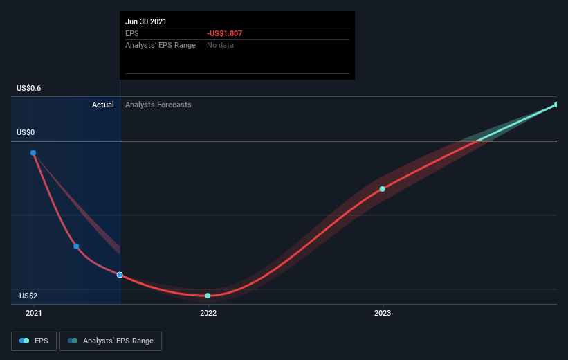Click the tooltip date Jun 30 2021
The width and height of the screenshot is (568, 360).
(x=145, y=21)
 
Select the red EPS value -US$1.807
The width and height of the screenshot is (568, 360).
(x=224, y=33)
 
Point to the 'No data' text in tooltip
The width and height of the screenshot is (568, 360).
(x=220, y=45)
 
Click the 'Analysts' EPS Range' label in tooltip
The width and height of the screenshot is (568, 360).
(x=161, y=45)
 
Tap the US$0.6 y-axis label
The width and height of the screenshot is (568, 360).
(x=28, y=88)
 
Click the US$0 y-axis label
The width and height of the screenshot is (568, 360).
(x=26, y=132)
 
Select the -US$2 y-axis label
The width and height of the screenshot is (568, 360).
(x=27, y=296)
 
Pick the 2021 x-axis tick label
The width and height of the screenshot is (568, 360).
(x=34, y=313)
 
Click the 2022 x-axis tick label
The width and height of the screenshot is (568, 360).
(x=208, y=313)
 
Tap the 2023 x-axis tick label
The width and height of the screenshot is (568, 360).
(x=383, y=313)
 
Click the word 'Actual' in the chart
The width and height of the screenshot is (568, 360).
(x=103, y=105)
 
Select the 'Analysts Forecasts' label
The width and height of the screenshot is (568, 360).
(x=158, y=105)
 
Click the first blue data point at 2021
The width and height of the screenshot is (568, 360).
(x=33, y=153)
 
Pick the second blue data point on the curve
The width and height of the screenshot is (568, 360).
(x=76, y=246)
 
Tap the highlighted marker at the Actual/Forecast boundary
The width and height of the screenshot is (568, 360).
(x=120, y=275)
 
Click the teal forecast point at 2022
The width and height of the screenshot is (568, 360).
(x=208, y=296)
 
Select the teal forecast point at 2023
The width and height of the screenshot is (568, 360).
(x=382, y=189)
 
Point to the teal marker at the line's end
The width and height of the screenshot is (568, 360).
(x=556, y=105)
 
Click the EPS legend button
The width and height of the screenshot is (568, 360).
(x=34, y=341)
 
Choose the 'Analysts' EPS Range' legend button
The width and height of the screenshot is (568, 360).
(x=111, y=341)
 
